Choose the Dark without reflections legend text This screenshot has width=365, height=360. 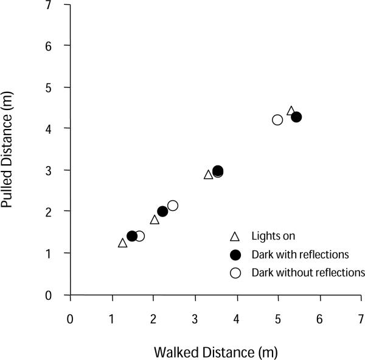[308, 272]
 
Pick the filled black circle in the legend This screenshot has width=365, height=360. [236, 254]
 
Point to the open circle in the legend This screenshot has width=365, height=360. [236, 272]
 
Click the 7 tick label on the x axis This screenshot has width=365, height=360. [361, 318]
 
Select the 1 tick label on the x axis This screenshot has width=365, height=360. [112, 318]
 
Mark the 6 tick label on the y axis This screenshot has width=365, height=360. [56, 46]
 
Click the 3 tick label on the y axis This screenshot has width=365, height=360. [56, 170]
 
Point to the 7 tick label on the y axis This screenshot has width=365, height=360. [56, 5]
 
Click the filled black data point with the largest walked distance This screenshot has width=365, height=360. [296, 117]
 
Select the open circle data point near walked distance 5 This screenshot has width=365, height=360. [277, 120]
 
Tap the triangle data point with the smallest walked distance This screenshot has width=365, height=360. [122, 243]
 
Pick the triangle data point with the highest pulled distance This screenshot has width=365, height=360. [291, 111]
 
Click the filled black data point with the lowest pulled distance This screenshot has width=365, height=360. [132, 236]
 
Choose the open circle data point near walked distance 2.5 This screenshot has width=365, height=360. [173, 206]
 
